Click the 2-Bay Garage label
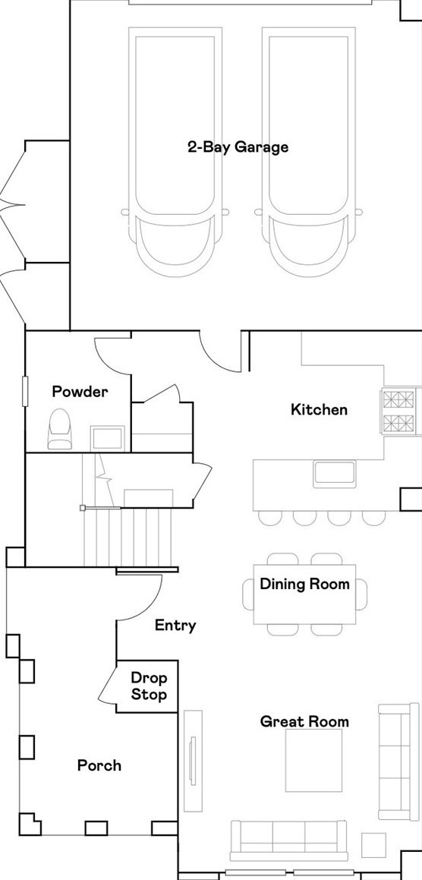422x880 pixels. click(x=238, y=147)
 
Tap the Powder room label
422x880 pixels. click(x=80, y=392)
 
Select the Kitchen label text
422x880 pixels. click(x=319, y=410)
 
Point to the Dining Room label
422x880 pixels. click(x=304, y=584)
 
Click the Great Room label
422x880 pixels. click(x=304, y=722)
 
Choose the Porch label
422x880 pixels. click(x=99, y=765)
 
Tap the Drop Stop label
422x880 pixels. click(x=149, y=687)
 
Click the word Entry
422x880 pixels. click(x=175, y=626)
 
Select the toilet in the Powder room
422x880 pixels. click(x=60, y=429)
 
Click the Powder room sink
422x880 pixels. click(x=106, y=437)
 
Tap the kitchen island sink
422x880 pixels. click(x=335, y=472)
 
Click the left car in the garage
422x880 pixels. click(x=175, y=152)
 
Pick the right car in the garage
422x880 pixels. click(x=309, y=152)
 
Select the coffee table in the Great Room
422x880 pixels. click(x=313, y=760)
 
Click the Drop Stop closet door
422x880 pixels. click(x=108, y=683)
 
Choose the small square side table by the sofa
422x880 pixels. click(x=373, y=845)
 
